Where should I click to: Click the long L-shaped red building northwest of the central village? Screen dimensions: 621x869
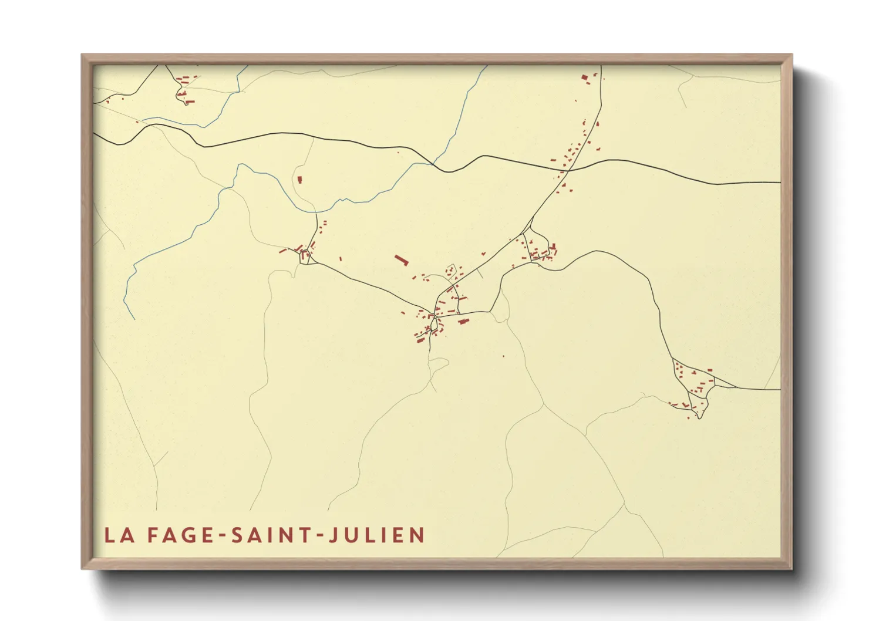tap(401, 259)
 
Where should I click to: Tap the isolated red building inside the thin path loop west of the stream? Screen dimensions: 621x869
tap(299, 180)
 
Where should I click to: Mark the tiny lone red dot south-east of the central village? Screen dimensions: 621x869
tap(503, 356)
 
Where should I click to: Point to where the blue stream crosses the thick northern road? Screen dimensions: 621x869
tap(433, 164)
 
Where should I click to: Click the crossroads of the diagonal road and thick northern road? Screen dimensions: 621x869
tap(567, 170)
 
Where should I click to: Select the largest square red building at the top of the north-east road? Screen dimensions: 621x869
tap(584, 77)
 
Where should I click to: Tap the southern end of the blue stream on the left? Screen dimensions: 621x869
tap(134, 319)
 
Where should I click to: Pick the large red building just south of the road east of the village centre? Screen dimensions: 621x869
tap(463, 321)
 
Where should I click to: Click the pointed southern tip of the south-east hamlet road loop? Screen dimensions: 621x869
tap(699, 418)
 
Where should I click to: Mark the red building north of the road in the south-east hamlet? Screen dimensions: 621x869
tap(709, 370)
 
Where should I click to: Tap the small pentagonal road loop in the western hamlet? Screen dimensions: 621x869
tap(305, 256)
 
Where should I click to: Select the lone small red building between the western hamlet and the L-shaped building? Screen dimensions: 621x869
tap(341, 258)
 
